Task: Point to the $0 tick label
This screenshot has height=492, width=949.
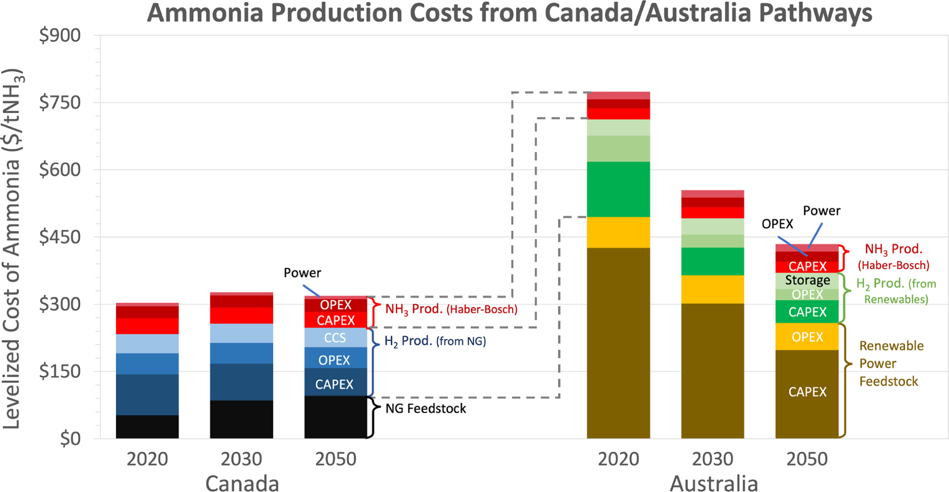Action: point(70,439)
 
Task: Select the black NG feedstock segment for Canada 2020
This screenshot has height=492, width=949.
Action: point(147,426)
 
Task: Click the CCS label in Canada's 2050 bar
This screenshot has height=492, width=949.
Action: point(335,338)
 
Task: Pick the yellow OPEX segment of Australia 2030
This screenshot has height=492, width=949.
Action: point(712,289)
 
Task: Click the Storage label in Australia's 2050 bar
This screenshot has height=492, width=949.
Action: point(807,280)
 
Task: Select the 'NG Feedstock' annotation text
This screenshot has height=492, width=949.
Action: point(426,409)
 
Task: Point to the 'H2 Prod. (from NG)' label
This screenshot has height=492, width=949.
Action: point(435,341)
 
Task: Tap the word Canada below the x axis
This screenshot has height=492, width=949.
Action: point(242,483)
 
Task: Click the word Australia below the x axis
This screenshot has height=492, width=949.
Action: point(713,483)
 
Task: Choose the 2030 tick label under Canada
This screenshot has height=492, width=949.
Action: point(241,459)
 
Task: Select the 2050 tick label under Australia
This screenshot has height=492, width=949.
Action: point(807,459)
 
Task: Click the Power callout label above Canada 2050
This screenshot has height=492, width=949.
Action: point(302,273)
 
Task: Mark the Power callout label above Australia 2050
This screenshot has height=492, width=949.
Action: point(821,211)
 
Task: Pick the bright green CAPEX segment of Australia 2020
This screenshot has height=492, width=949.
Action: point(618,189)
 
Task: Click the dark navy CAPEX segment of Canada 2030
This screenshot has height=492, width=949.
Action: point(241,382)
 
